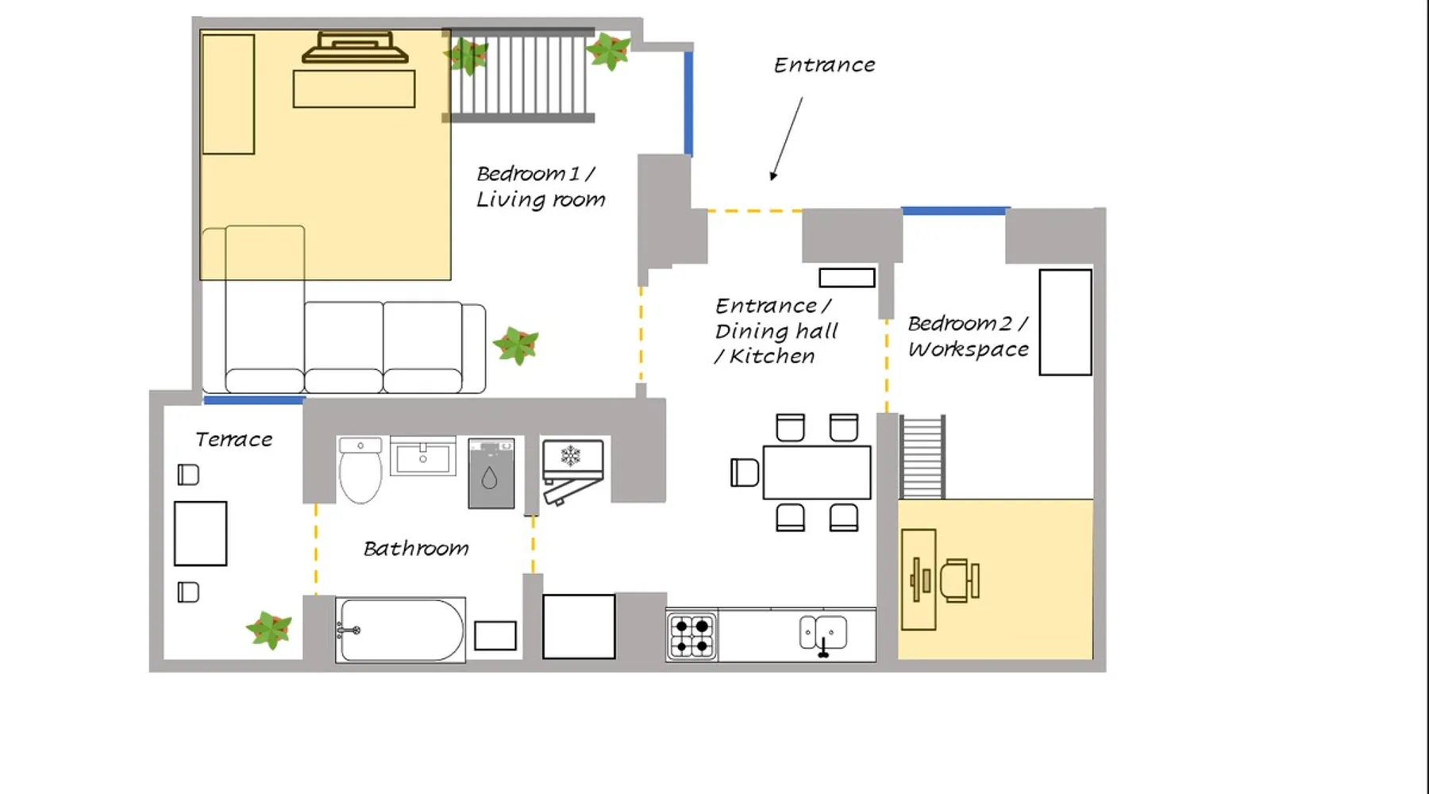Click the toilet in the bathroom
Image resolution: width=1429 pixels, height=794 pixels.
click(x=360, y=470)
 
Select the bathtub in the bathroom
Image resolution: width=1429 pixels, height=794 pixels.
click(x=400, y=630)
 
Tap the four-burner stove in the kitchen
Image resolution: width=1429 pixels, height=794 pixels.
click(x=691, y=637)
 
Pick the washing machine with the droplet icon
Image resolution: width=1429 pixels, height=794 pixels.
click(x=491, y=473)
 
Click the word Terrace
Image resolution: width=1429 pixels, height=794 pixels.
click(x=233, y=439)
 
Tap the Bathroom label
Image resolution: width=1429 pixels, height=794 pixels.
click(x=416, y=548)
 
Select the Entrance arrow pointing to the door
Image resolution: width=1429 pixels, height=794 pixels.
click(x=786, y=139)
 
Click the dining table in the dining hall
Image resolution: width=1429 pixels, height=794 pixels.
click(x=817, y=472)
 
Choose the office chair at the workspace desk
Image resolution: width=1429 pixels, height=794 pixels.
click(x=959, y=580)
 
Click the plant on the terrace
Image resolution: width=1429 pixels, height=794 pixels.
click(x=269, y=630)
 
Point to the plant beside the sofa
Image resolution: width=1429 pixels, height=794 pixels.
click(x=516, y=345)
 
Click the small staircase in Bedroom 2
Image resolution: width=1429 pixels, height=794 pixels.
click(x=922, y=457)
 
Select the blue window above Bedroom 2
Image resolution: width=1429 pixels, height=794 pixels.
click(x=954, y=211)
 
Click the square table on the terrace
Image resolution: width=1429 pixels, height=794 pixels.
click(x=200, y=534)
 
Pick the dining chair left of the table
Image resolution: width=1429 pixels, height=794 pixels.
click(x=745, y=472)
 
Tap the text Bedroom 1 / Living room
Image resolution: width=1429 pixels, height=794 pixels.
click(x=540, y=187)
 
